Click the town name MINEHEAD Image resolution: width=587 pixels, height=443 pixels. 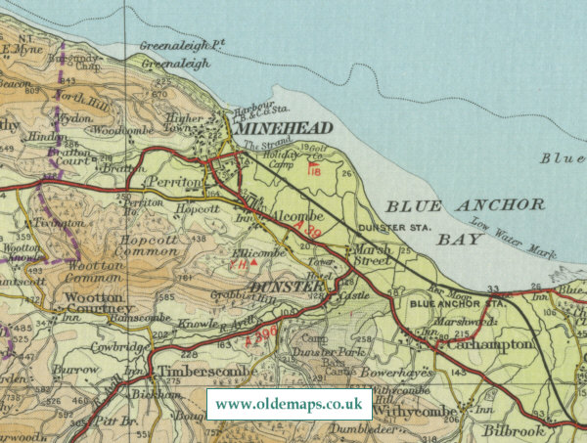281,128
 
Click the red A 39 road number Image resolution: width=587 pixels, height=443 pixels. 305,228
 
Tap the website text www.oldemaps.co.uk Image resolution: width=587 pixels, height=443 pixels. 289,403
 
